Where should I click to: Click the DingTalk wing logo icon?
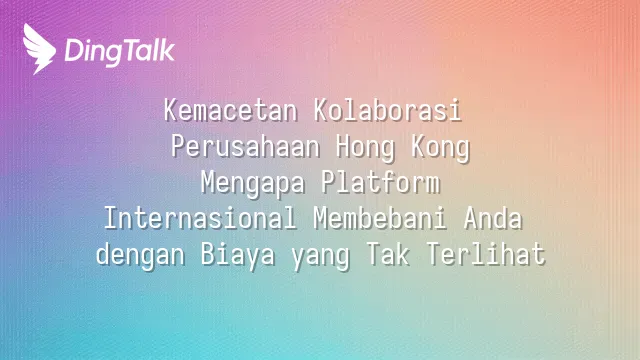[39, 49]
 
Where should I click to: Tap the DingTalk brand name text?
[120, 52]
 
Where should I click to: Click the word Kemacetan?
[231, 111]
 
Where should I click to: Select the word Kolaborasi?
[388, 111]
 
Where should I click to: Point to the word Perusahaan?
[245, 147]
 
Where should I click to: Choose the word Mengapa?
[253, 184]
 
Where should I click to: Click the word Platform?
[380, 182]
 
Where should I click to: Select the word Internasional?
[200, 218]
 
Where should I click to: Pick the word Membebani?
[380, 218]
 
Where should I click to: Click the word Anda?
[493, 218]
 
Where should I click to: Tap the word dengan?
[140, 256]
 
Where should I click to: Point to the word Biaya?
[238, 256]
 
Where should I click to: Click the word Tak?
[388, 254]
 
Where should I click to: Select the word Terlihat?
[486, 254]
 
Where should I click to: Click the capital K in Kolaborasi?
[321, 111]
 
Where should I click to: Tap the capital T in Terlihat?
[433, 254]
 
